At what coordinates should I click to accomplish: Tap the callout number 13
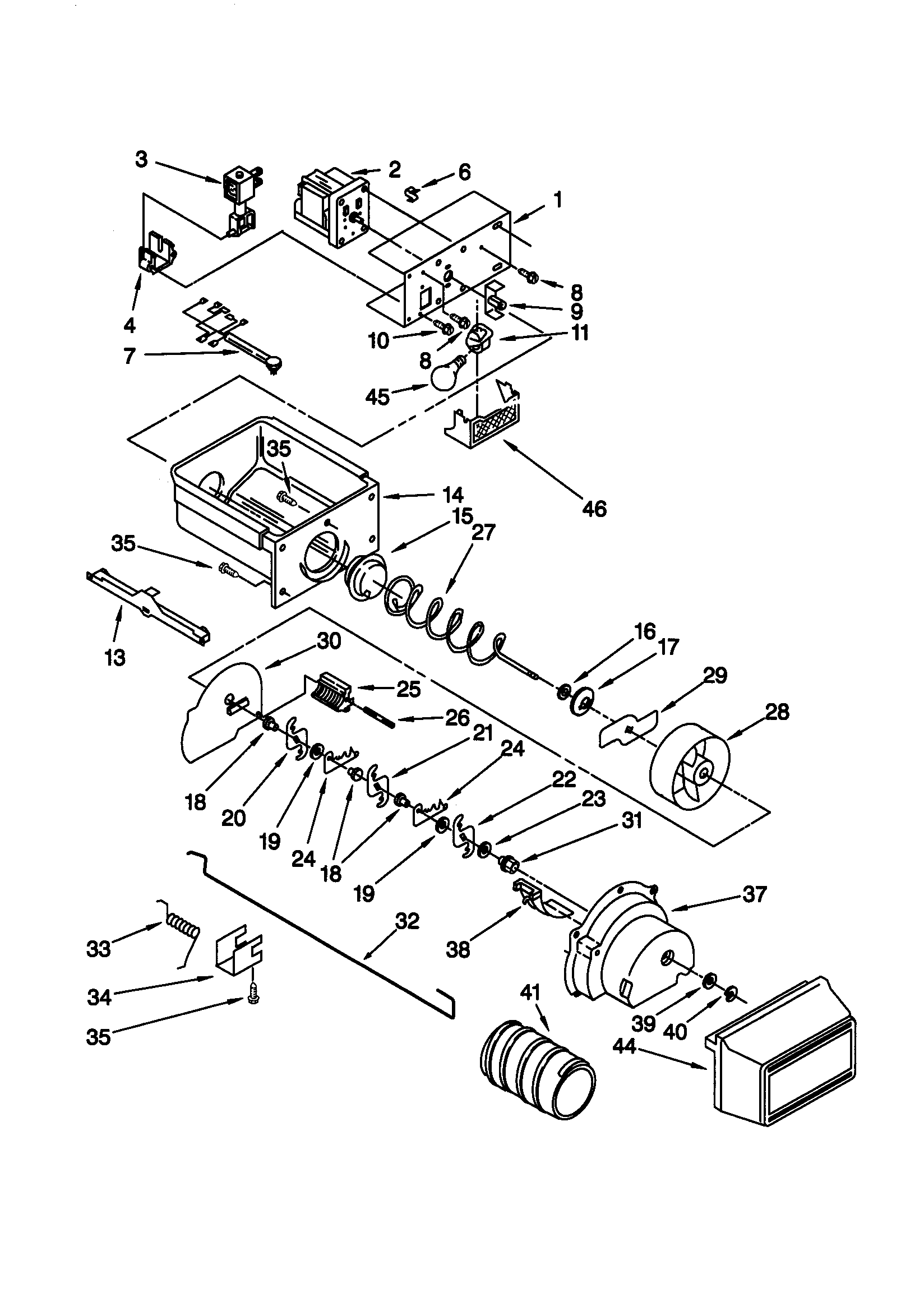[115, 658]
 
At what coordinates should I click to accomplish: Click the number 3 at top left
[141, 159]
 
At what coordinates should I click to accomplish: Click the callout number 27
[484, 532]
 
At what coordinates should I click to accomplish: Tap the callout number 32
[407, 921]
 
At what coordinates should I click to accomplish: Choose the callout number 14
[451, 495]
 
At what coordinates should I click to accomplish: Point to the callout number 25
[408, 689]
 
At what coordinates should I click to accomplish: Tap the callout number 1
[558, 200]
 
